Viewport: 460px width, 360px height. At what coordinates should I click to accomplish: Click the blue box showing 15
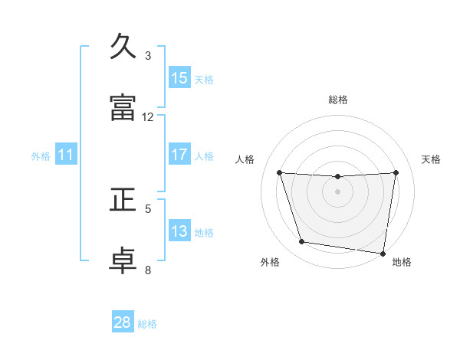tap(179, 78)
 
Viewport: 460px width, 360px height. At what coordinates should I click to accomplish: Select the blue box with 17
tap(179, 155)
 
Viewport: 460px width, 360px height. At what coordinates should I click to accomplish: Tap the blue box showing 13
tap(179, 231)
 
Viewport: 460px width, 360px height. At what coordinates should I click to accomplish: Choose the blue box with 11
tap(66, 155)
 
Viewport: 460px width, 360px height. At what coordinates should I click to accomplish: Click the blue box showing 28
tap(123, 322)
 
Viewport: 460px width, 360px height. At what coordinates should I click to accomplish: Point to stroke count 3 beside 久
tap(148, 56)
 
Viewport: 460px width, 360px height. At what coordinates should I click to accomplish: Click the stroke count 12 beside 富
tap(148, 117)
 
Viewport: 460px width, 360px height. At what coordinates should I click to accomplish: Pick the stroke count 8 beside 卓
tap(148, 269)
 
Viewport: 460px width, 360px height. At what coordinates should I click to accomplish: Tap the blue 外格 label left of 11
tap(41, 156)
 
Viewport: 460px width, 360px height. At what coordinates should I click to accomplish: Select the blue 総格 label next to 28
tap(147, 324)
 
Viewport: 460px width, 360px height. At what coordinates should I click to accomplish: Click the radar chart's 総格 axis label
tap(338, 100)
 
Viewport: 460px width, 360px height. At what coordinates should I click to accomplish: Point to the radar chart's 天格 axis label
tap(431, 159)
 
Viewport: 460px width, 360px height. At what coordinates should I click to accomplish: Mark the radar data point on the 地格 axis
tap(383, 253)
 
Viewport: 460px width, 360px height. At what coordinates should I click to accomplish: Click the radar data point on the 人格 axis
tap(280, 172)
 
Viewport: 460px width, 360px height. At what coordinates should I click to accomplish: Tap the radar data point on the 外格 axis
tap(302, 242)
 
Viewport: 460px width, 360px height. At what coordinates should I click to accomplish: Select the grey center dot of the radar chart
tap(338, 191)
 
